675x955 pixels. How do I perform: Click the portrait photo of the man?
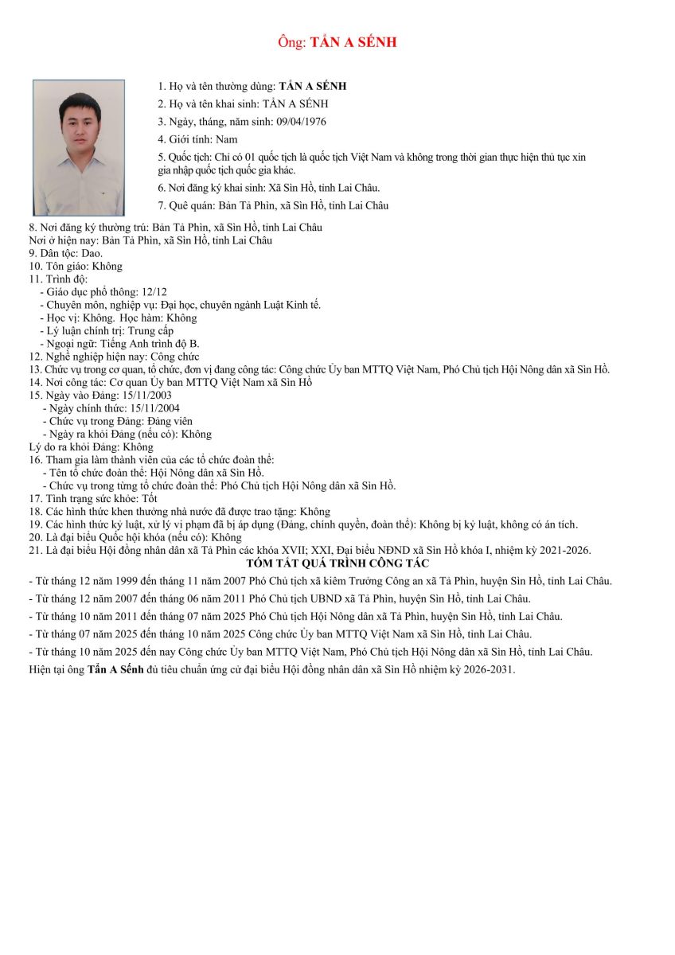pyautogui.click(x=79, y=147)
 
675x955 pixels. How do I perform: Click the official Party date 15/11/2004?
pyautogui.click(x=154, y=408)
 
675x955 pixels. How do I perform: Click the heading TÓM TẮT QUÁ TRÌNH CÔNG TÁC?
pyautogui.click(x=337, y=563)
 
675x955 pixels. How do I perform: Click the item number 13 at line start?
pyautogui.click(x=34, y=369)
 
